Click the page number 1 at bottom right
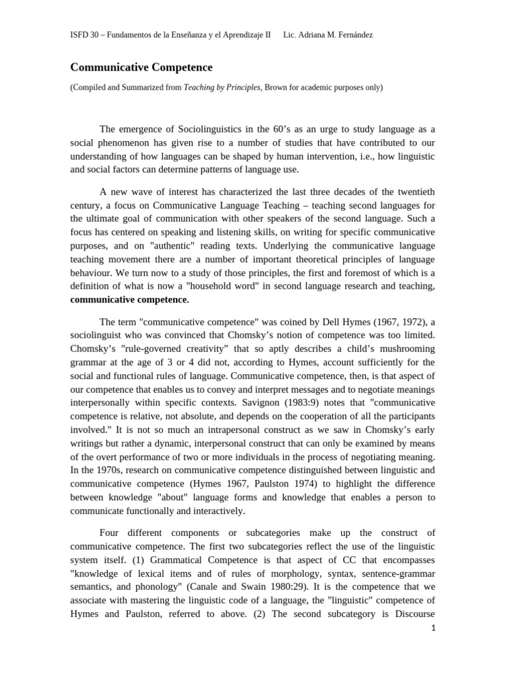tap(433, 628)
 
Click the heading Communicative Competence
tap(142, 67)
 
